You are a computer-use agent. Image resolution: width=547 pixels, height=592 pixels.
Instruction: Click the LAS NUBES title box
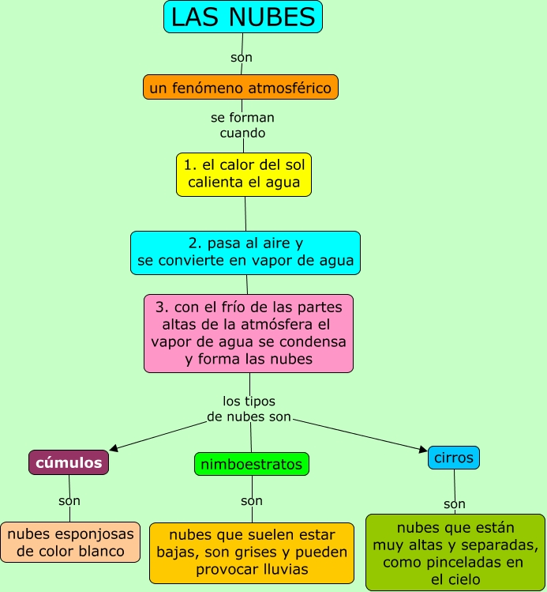pyautogui.click(x=243, y=17)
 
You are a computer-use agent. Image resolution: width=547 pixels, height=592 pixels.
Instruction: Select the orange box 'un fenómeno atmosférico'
pyautogui.click(x=241, y=87)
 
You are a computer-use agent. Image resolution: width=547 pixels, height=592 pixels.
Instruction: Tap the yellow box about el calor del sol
pyautogui.click(x=244, y=174)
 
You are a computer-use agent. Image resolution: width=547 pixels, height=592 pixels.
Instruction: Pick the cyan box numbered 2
pyautogui.click(x=245, y=252)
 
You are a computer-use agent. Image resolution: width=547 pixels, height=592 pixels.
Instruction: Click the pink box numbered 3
pyautogui.click(x=249, y=333)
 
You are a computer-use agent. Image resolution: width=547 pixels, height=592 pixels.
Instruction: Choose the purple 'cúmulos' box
pyautogui.click(x=69, y=462)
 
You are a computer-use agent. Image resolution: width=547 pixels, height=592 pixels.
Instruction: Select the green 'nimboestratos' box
pyautogui.click(x=252, y=464)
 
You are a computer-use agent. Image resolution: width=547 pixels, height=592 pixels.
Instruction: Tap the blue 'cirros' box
pyautogui.click(x=454, y=458)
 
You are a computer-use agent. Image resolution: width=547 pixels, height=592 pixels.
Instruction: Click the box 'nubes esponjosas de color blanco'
pyautogui.click(x=70, y=542)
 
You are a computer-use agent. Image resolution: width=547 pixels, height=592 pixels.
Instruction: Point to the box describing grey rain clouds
pyautogui.click(x=252, y=552)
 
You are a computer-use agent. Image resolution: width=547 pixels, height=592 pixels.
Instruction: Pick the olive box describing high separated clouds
pyautogui.click(x=455, y=552)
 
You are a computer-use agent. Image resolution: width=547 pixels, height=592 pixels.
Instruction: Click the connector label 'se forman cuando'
pyautogui.click(x=242, y=125)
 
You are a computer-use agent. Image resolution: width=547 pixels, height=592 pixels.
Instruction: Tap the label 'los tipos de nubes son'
pyautogui.click(x=249, y=409)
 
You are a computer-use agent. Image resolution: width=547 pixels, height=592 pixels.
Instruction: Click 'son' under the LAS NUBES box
pyautogui.click(x=242, y=57)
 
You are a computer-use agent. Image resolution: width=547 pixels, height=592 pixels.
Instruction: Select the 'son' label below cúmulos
pyautogui.click(x=69, y=500)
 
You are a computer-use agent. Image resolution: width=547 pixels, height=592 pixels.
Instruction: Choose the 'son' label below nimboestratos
pyautogui.click(x=252, y=500)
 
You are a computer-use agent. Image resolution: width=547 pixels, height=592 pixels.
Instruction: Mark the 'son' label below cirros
pyautogui.click(x=455, y=503)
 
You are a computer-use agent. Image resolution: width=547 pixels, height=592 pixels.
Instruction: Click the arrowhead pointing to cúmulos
pyautogui.click(x=114, y=448)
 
